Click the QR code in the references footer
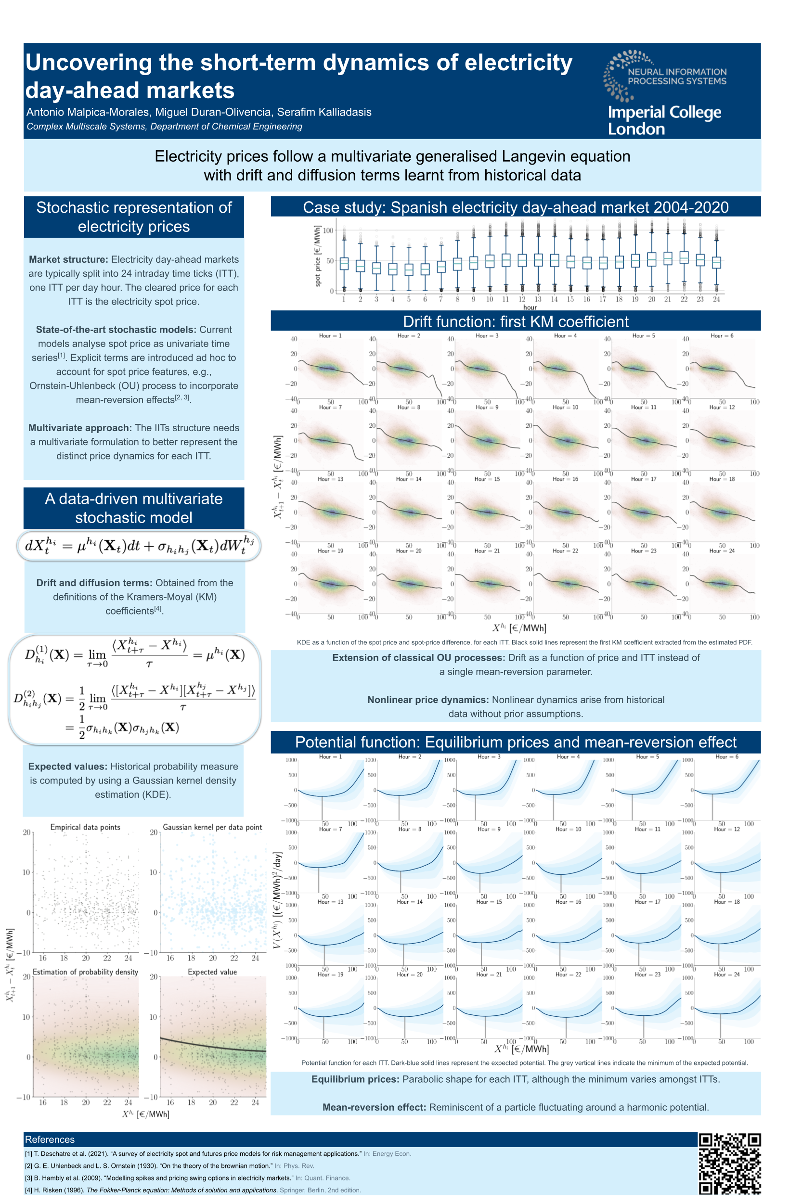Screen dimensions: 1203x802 (729, 1163)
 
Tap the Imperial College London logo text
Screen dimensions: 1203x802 (664, 120)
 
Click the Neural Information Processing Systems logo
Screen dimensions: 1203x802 (665, 76)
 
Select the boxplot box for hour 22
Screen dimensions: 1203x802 (684, 257)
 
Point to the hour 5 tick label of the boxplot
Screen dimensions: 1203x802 (409, 299)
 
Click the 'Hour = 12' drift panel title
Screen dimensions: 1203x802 (722, 408)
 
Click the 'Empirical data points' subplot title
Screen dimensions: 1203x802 (85, 827)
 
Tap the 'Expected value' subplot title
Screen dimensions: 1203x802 (212, 972)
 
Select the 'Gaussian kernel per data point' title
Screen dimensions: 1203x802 (212, 827)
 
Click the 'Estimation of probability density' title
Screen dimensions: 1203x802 (85, 972)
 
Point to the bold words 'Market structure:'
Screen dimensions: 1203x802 (68, 260)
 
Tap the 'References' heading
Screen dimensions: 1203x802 (50, 1139)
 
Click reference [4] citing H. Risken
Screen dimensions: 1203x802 (193, 1190)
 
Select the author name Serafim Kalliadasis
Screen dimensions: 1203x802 (324, 112)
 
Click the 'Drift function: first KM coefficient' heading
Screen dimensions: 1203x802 (516, 321)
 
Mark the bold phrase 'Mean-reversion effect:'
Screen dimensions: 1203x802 (374, 1107)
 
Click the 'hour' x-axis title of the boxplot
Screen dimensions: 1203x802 (530, 307)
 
